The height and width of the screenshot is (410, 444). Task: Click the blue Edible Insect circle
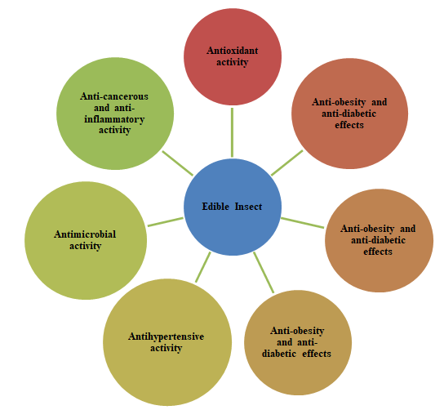pos(233,207)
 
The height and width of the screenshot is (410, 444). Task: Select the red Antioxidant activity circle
pos(233,56)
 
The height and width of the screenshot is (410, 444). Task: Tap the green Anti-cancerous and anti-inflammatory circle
pos(115,114)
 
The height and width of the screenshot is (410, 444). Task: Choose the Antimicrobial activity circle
pos(86,241)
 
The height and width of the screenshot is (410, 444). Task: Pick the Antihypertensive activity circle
pos(167,342)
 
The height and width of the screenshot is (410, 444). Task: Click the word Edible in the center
pos(215,207)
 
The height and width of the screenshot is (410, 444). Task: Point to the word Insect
pos(248,207)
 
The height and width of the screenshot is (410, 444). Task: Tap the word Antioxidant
pos(232,51)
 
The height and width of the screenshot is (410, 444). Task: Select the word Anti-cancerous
pos(114,96)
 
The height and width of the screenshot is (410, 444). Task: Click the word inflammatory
pos(114,119)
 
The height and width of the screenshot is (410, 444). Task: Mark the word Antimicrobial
pos(85,234)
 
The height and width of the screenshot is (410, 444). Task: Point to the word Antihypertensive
pos(166,336)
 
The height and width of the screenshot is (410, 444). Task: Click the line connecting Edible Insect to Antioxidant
pos(232,132)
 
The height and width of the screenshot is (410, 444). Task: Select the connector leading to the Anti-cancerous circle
pos(178,163)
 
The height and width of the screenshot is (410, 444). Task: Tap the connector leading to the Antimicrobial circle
pos(166,222)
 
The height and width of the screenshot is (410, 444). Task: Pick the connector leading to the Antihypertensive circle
pos(203,267)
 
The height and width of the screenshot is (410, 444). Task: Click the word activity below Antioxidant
pos(232,62)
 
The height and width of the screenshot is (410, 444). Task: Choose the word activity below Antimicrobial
pos(85,246)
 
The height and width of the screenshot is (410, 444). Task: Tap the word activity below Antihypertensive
pos(166,348)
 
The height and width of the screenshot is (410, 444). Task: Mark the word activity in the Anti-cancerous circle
pos(114,131)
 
